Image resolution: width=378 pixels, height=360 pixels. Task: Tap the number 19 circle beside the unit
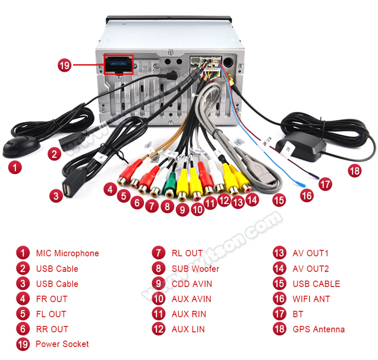tap(65, 65)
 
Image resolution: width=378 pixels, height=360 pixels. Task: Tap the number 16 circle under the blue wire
tap(307, 195)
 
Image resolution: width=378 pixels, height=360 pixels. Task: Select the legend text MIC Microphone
tap(67, 253)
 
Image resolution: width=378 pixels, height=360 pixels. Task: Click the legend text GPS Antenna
tap(318, 329)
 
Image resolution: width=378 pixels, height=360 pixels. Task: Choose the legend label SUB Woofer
tap(195, 268)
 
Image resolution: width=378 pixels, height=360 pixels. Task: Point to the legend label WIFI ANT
tap(311, 299)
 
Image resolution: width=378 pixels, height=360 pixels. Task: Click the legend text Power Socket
tap(62, 344)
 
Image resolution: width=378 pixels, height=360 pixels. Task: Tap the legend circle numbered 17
tap(280, 314)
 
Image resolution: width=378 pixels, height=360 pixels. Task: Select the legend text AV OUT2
tap(311, 268)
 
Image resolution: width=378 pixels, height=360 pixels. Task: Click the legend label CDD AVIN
tap(192, 284)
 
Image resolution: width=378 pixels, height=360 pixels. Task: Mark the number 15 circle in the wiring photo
tap(279, 200)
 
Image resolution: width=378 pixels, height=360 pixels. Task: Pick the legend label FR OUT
tap(52, 299)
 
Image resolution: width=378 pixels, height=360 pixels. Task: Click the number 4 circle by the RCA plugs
tap(110, 189)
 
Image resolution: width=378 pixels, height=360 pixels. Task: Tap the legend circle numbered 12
tap(159, 329)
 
